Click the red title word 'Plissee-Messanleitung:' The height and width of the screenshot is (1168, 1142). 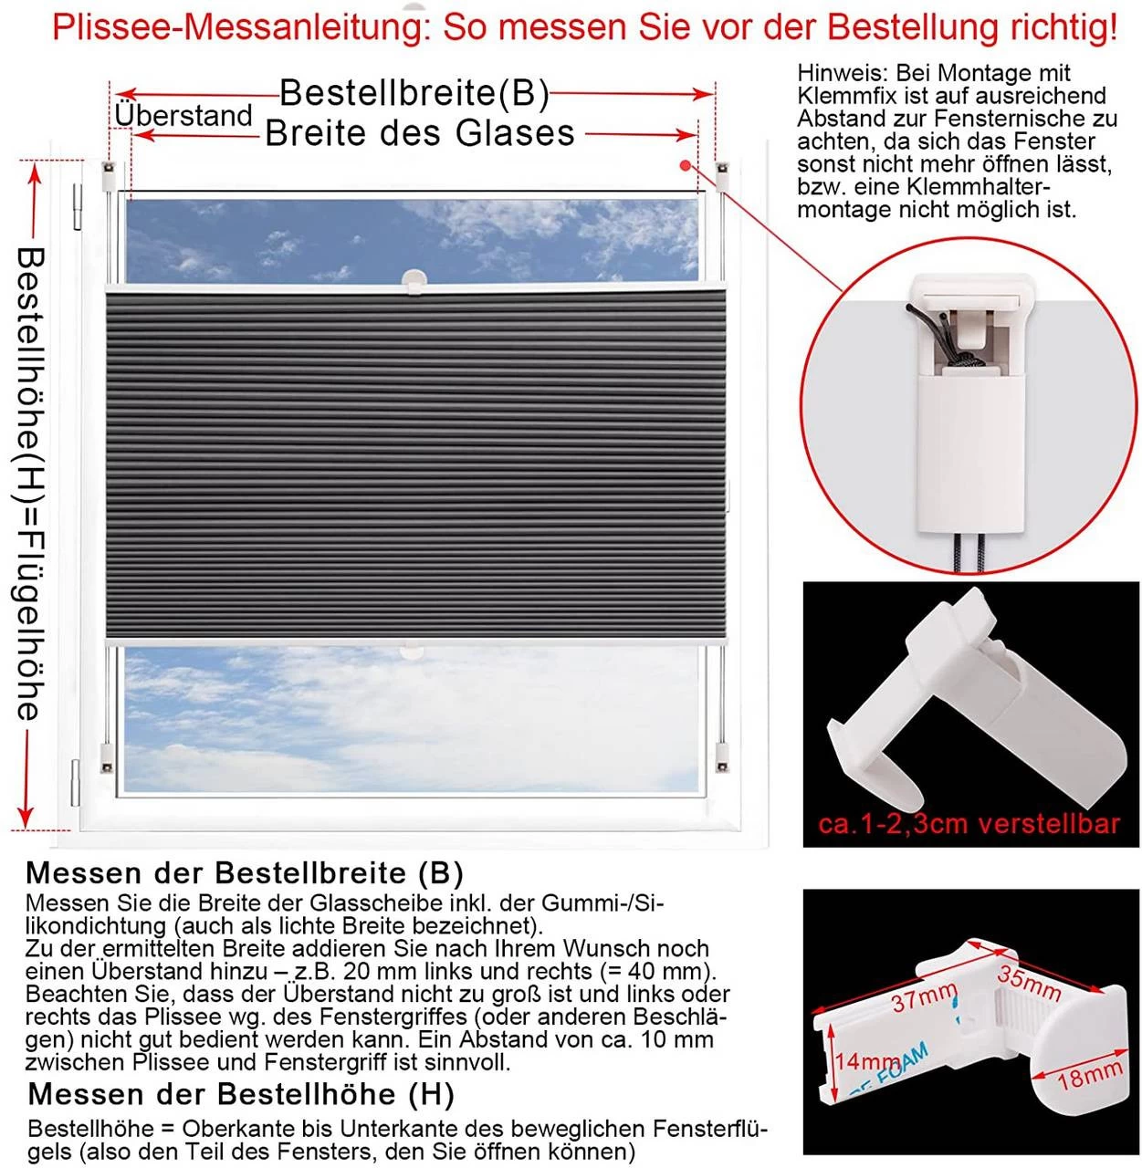tap(240, 27)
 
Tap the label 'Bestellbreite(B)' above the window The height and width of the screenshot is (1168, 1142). tap(414, 92)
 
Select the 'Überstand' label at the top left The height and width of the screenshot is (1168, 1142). tap(183, 116)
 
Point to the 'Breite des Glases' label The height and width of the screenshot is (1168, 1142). tap(420, 133)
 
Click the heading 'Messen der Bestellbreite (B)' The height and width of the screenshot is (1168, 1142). tap(245, 872)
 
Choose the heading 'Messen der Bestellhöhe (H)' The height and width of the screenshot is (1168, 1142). tap(241, 1093)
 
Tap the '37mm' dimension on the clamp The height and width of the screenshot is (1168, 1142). tap(923, 997)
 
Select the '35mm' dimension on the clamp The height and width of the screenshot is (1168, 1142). tap(1028, 980)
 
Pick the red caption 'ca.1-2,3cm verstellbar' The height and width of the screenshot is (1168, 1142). tap(969, 824)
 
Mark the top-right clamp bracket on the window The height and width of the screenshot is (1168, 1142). tap(725, 173)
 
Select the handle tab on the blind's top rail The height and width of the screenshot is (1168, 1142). tap(415, 279)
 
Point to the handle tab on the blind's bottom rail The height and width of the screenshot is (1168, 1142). tap(414, 651)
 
